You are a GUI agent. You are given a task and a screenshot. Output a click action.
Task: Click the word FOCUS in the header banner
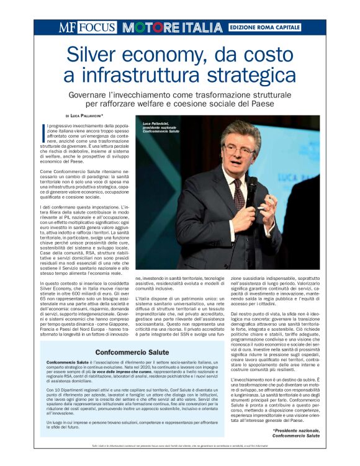pyautogui.click(x=96, y=27)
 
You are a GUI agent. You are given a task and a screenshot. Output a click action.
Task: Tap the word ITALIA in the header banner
pyautogui.click(x=196, y=28)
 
